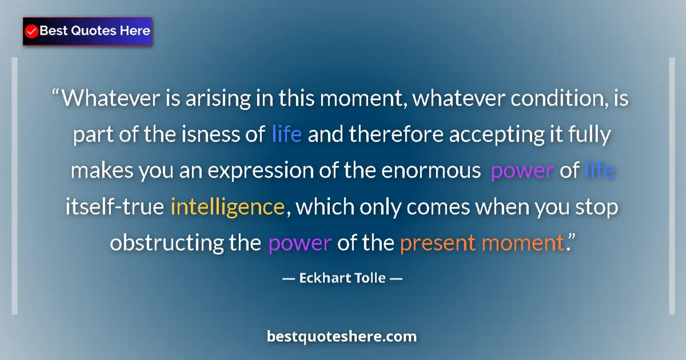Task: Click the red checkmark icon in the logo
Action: (x=31, y=31)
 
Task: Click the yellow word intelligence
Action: (x=228, y=206)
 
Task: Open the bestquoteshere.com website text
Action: (x=342, y=337)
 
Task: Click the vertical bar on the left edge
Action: (x=14, y=186)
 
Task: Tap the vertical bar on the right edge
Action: (x=672, y=186)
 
